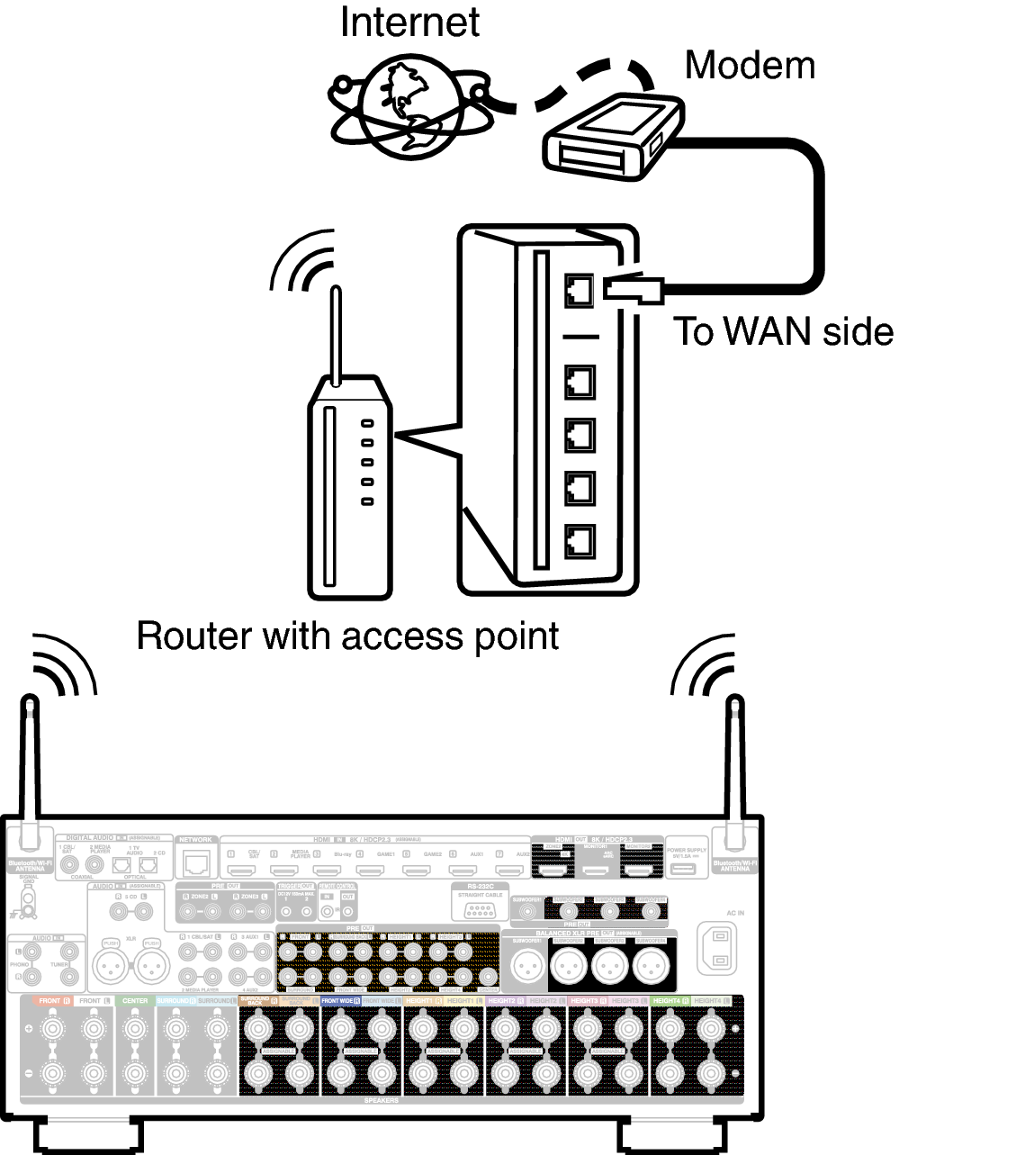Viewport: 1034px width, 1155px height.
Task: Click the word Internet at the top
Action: point(409,23)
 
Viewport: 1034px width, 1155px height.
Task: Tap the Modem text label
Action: point(750,66)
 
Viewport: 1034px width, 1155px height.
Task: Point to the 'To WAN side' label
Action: point(783,331)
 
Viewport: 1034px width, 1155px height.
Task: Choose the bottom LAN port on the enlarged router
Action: point(580,541)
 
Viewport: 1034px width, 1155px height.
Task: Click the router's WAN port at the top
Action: point(579,290)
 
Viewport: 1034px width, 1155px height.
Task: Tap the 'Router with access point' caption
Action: point(347,636)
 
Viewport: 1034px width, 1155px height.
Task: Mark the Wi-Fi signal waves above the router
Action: point(306,261)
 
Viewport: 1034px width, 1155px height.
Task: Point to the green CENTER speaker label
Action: point(135,1001)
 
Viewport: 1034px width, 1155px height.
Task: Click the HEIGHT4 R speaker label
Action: point(670,1001)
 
